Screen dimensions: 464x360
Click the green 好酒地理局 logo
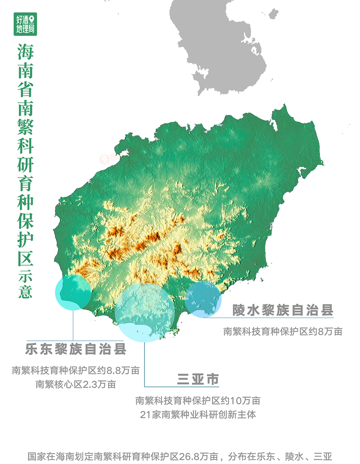[25, 25]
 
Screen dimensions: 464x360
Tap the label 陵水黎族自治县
[283, 310]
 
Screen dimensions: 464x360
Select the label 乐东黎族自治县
[76, 349]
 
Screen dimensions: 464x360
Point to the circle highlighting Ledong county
[73, 292]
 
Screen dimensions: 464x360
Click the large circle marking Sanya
[144, 312]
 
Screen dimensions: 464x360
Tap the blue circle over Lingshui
[203, 298]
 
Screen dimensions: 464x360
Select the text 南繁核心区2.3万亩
[76, 384]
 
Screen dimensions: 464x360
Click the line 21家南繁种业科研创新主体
[198, 415]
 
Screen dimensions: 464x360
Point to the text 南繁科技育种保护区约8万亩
[283, 332]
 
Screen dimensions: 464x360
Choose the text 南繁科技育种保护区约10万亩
[198, 400]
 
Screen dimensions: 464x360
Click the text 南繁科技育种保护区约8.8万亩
[76, 371]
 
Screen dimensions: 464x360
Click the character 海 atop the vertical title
[25, 52]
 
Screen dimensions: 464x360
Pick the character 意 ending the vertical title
[25, 292]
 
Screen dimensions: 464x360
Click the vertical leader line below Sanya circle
[144, 364]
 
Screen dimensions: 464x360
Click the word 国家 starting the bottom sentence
[35, 455]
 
